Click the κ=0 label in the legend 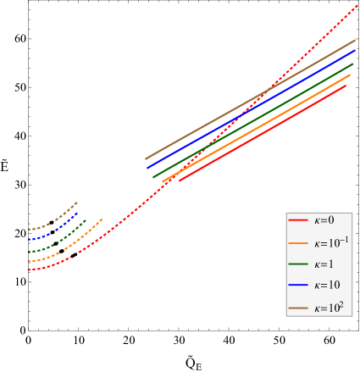click(x=324, y=220)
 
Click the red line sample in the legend click(x=298, y=220)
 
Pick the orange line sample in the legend click(x=298, y=242)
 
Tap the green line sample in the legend click(x=298, y=264)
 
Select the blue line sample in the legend click(x=298, y=286)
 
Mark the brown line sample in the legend click(x=298, y=308)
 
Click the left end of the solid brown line click(x=146, y=158)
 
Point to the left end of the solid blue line click(x=149, y=168)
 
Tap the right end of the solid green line click(x=351, y=75)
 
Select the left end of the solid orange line click(x=163, y=181)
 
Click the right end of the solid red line click(x=346, y=86)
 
